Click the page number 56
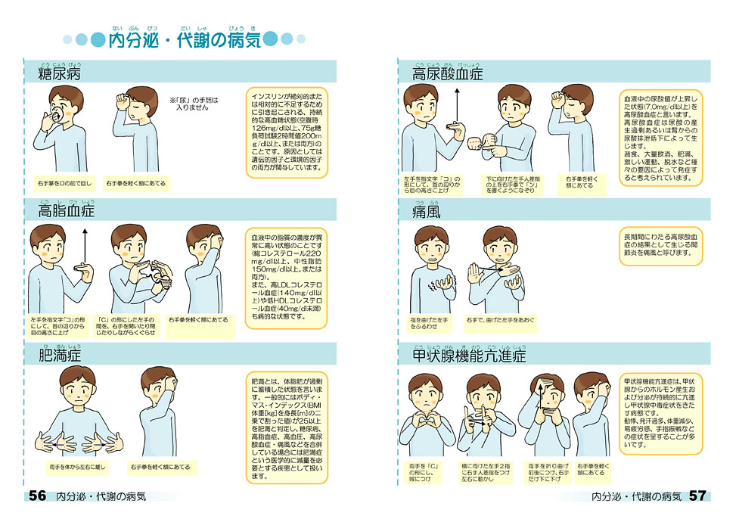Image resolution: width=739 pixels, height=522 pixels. point(37,496)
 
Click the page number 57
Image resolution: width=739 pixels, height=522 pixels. point(697,496)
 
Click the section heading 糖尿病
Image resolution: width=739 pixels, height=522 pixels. point(60,73)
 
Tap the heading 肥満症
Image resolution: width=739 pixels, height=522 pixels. point(60,355)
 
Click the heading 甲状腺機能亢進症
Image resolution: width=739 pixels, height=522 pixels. point(469,355)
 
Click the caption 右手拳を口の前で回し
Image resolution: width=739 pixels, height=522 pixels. point(63,183)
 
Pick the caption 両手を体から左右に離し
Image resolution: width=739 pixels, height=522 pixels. point(76,467)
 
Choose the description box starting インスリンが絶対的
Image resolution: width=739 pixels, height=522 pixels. point(287,134)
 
